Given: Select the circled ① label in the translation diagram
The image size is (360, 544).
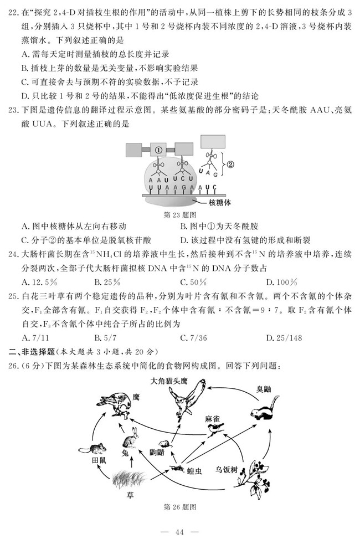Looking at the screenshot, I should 158,150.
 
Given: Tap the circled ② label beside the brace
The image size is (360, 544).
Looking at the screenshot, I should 231,165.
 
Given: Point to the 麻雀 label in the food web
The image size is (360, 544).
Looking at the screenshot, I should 213,419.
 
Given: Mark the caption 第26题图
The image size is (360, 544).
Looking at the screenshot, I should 181,507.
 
